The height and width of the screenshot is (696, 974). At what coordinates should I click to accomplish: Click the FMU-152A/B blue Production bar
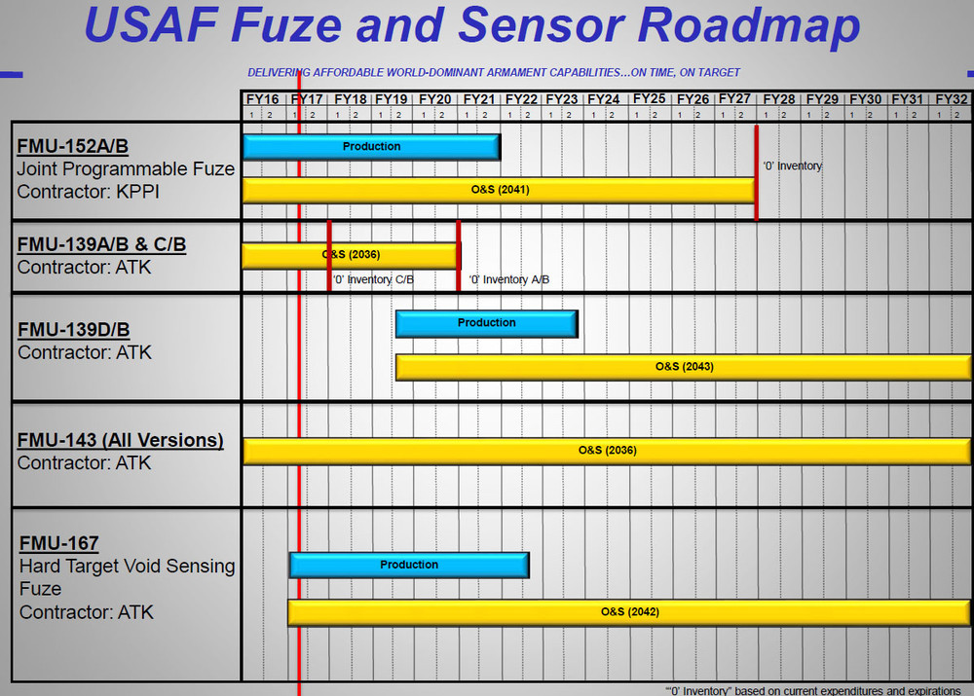tap(371, 147)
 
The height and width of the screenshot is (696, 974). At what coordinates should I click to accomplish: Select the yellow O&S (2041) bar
tap(499, 190)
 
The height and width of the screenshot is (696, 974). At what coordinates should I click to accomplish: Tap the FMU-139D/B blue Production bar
tap(486, 323)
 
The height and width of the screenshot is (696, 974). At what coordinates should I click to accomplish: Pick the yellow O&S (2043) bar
tap(683, 367)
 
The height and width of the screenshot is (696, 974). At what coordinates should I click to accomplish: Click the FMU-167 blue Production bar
tap(409, 565)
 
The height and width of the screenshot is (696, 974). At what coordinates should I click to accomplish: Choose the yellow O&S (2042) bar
tap(629, 612)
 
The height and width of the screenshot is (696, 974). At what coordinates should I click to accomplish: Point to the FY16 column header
tap(262, 99)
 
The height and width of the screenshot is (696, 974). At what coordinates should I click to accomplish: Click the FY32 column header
tap(951, 99)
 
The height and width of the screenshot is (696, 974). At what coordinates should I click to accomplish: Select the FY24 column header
tap(604, 99)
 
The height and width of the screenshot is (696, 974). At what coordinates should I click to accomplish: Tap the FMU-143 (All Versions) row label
tap(120, 440)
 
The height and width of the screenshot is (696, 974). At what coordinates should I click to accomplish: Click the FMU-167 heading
tap(57, 543)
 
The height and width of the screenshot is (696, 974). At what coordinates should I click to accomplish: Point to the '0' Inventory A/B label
tap(508, 280)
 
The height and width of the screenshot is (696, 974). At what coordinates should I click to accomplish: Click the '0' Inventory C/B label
tap(373, 280)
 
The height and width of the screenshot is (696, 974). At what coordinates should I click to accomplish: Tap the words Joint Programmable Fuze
tap(126, 168)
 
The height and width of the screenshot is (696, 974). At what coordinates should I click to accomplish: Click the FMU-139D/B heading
tap(73, 330)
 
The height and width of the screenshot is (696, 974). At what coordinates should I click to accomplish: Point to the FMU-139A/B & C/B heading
tap(101, 244)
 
